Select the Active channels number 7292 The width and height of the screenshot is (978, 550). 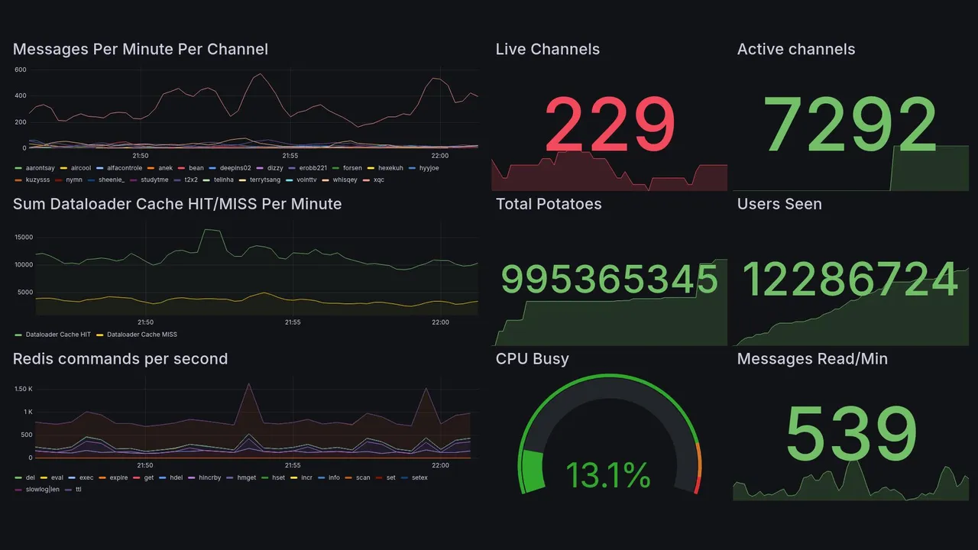pyautogui.click(x=850, y=125)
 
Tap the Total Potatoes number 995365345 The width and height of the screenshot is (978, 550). pyautogui.click(x=609, y=280)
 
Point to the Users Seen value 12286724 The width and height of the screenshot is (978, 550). pyautogui.click(x=850, y=280)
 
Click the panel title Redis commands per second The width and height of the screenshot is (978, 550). pyautogui.click(x=120, y=359)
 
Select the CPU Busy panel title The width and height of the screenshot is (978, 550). pyautogui.click(x=532, y=359)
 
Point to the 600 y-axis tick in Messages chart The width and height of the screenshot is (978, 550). pyautogui.click(x=21, y=70)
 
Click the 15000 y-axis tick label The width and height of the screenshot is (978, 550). pyautogui.click(x=23, y=237)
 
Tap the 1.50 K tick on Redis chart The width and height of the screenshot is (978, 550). pyautogui.click(x=23, y=389)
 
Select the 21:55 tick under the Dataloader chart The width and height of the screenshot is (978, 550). pyautogui.click(x=293, y=322)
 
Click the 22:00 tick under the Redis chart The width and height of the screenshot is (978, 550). pyautogui.click(x=440, y=465)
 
